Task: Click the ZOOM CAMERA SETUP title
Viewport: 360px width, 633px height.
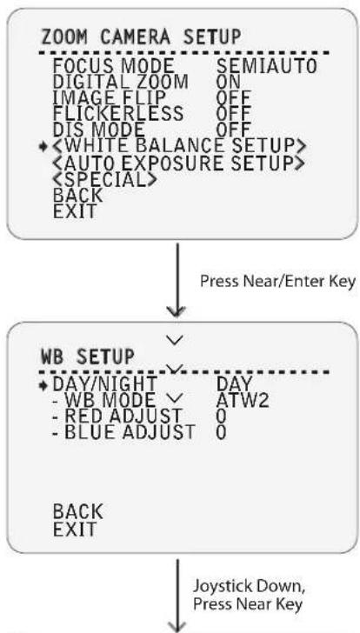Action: coord(141,37)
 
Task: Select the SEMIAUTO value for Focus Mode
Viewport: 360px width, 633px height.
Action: coord(266,66)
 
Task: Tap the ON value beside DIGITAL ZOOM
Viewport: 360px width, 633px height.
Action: coord(229,82)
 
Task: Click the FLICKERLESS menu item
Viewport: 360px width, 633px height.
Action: coord(118,114)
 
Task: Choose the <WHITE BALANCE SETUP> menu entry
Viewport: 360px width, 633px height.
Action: coord(179,146)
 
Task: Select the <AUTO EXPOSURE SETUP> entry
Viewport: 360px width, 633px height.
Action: coord(177,163)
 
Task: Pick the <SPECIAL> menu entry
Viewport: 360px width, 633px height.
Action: coord(104,179)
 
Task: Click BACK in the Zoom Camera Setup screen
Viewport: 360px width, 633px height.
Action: coord(77,196)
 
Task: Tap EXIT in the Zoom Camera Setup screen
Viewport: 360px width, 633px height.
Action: coord(75,211)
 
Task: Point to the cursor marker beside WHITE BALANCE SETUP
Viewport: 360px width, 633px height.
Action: coord(43,147)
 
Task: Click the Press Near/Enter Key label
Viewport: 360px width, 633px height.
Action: coord(277,282)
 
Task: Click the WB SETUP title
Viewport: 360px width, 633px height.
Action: coord(88,356)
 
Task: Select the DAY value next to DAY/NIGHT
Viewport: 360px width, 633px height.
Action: coord(234,384)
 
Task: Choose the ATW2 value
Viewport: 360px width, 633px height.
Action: coord(242,400)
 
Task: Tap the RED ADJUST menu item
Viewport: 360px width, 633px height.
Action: coord(117,416)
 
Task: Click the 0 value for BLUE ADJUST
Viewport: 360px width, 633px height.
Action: coord(221,432)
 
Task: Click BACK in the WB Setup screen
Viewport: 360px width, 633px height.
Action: coord(77,512)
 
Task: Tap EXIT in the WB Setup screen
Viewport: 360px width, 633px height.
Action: coord(75,529)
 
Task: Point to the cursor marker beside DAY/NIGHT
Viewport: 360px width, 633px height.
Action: coord(43,384)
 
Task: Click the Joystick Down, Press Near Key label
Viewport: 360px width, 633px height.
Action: coord(249,595)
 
